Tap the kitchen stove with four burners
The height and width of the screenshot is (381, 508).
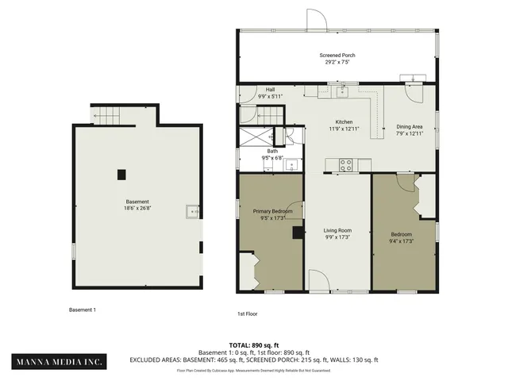click(347, 165)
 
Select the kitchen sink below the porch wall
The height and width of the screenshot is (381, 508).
click(342, 93)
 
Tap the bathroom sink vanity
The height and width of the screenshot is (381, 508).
click(291, 166)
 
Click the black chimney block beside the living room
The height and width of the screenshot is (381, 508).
click(298, 233)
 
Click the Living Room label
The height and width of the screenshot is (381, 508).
click(337, 231)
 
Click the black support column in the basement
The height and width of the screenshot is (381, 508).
click(121, 174)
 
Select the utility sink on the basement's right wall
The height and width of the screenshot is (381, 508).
click(191, 211)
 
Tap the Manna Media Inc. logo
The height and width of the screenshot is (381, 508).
click(60, 362)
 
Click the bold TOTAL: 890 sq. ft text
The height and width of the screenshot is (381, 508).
click(254, 345)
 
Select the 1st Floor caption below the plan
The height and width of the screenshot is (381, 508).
click(247, 314)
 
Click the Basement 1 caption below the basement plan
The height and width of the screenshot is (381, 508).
click(83, 310)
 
